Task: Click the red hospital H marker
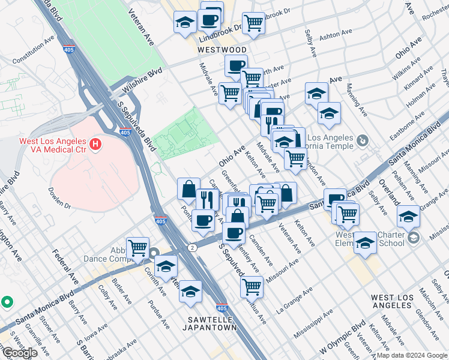tap(94, 144)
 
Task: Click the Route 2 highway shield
tap(191, 247)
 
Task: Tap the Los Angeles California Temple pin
tap(361, 140)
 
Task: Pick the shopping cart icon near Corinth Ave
tap(138, 247)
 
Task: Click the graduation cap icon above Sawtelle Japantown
tap(190, 291)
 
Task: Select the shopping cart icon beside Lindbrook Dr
tap(254, 23)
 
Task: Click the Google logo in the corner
tap(20, 353)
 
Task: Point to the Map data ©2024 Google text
tap(411, 355)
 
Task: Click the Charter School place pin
tap(413, 238)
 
